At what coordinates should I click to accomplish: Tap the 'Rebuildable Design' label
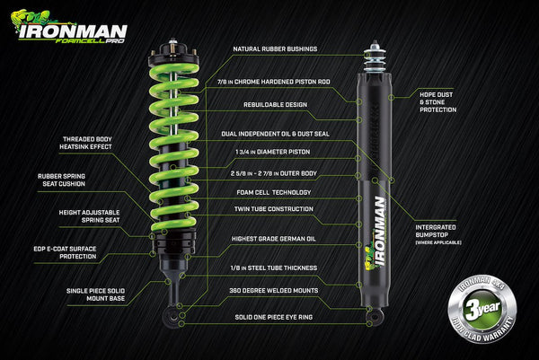269,104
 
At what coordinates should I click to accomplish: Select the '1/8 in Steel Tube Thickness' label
272,268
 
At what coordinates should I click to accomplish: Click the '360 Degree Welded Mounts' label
272,290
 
